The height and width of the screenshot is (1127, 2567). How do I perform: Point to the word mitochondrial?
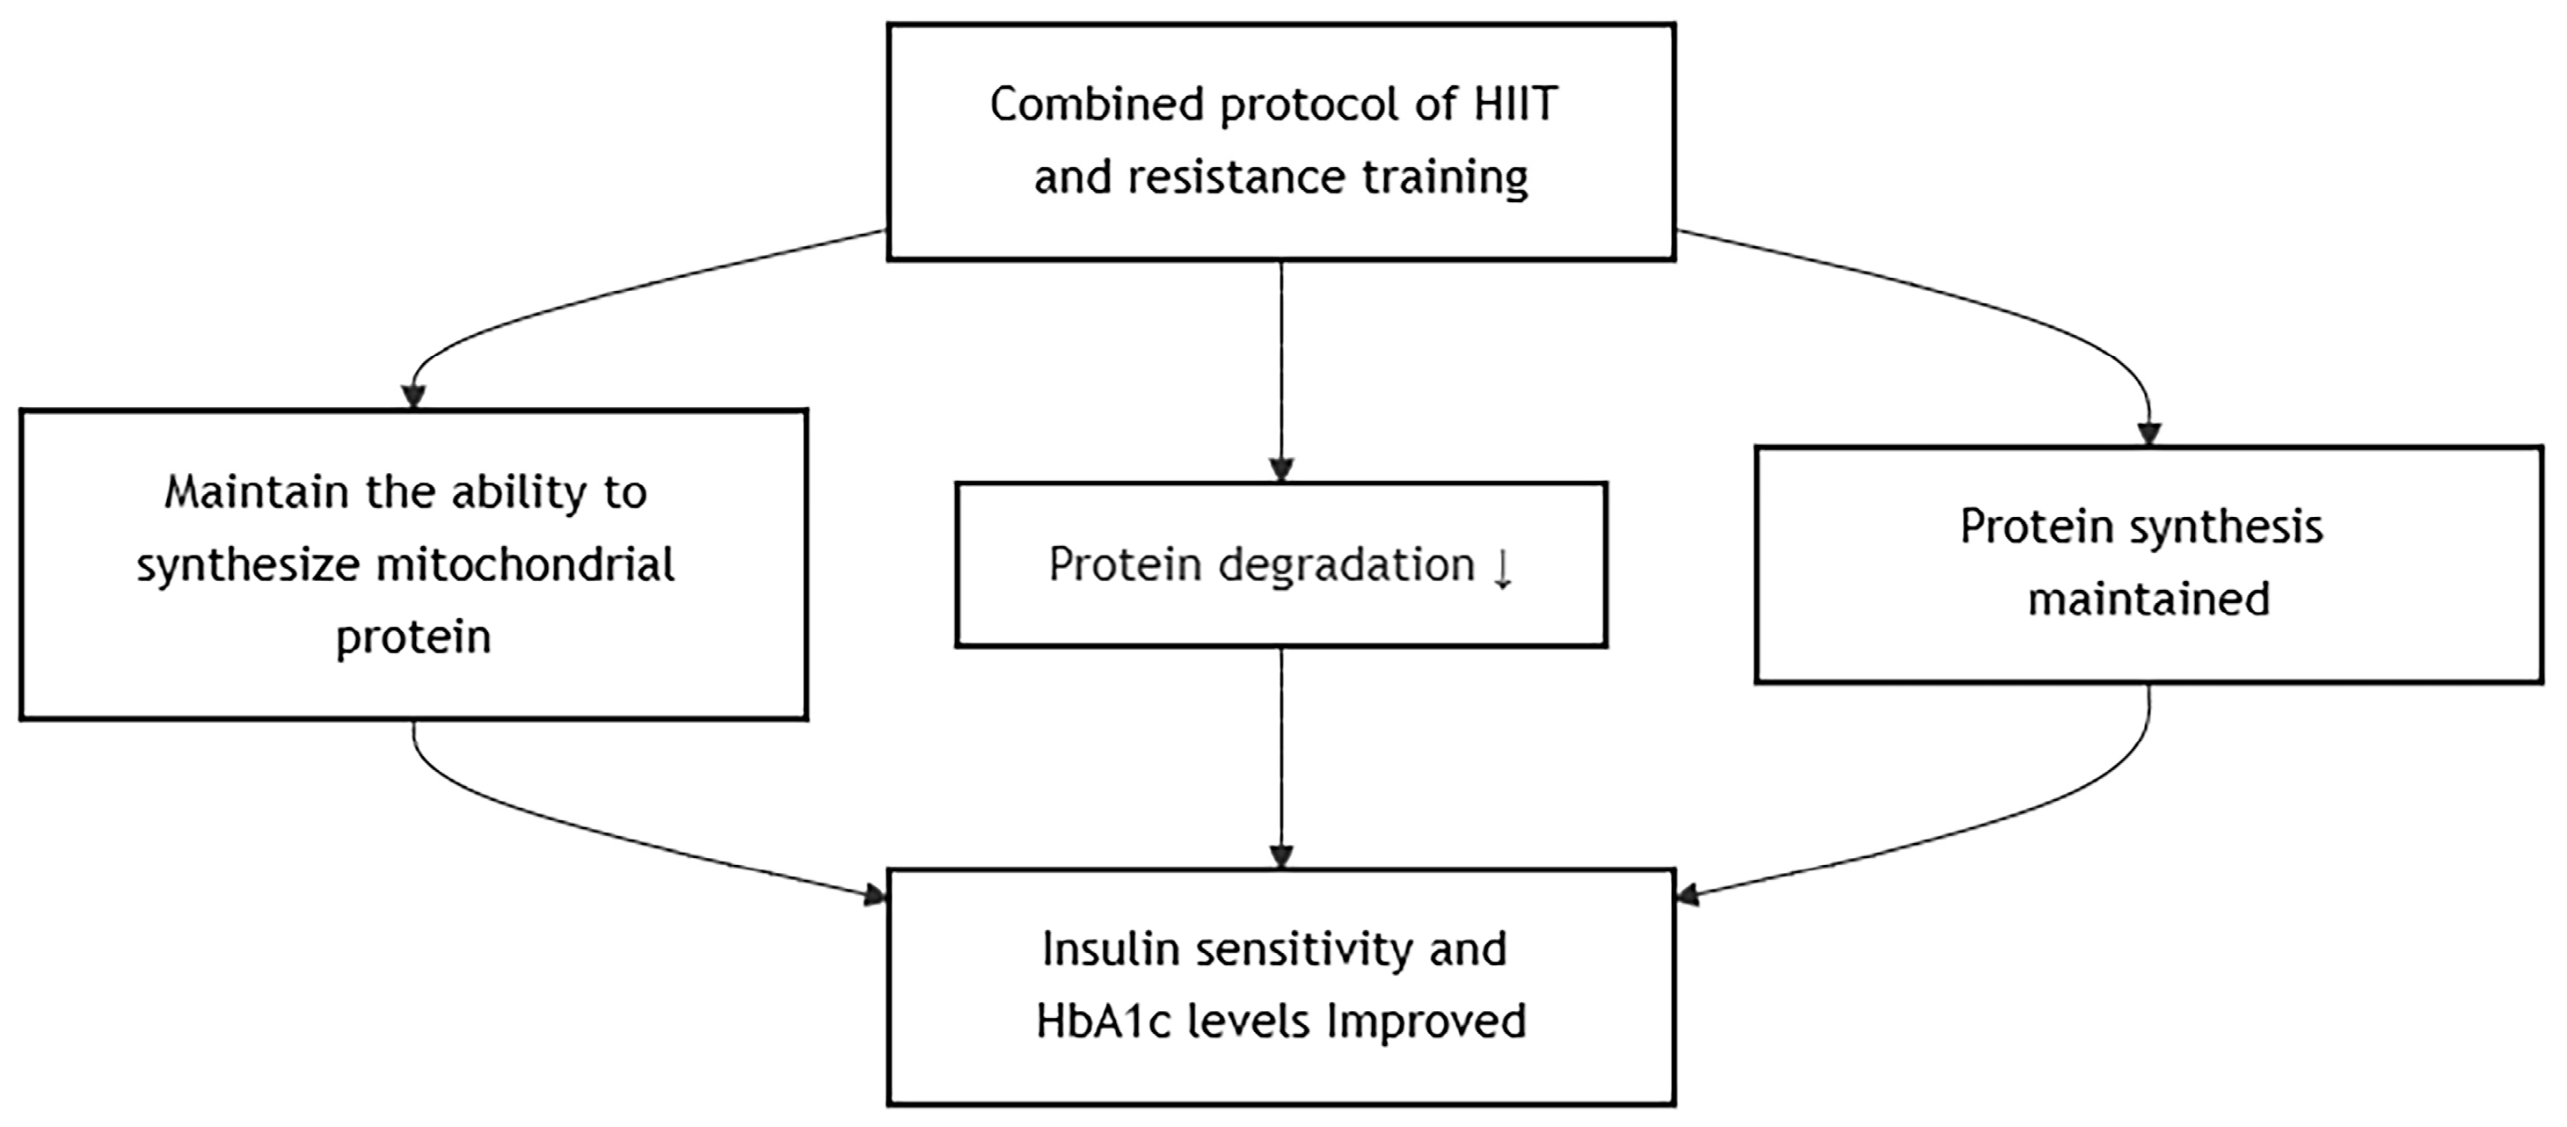pyautogui.click(x=526, y=564)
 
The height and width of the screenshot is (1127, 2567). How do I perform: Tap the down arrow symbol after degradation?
pyautogui.click(x=1503, y=568)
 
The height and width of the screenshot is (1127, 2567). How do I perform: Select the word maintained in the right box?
pyautogui.click(x=2149, y=599)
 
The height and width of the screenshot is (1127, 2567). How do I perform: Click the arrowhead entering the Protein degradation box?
pyautogui.click(x=1281, y=469)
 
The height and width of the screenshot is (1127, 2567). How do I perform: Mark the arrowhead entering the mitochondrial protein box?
pyautogui.click(x=413, y=396)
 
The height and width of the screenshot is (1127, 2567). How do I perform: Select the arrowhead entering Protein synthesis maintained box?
pyautogui.click(x=2149, y=433)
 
